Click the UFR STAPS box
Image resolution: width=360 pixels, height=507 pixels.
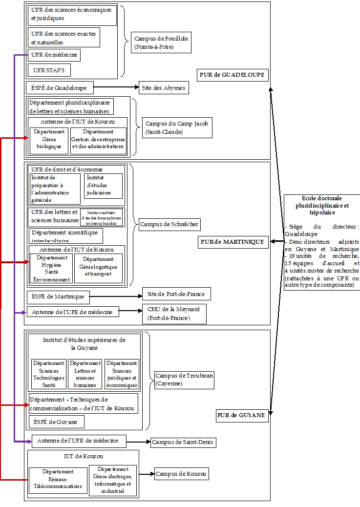click(x=49, y=70)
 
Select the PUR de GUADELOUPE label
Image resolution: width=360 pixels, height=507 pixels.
click(x=233, y=75)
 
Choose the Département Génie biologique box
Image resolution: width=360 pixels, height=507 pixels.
click(x=49, y=139)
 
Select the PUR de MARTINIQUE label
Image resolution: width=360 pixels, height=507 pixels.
click(x=233, y=242)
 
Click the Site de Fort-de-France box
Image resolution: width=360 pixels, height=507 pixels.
click(x=176, y=294)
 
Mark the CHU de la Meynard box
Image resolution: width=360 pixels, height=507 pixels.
click(x=174, y=314)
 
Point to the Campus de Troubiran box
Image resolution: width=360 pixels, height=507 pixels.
click(x=184, y=380)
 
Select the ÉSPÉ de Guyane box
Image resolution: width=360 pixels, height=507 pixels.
click(x=56, y=422)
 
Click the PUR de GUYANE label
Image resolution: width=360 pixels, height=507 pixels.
click(x=241, y=416)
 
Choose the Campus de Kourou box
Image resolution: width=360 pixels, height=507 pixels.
click(x=181, y=473)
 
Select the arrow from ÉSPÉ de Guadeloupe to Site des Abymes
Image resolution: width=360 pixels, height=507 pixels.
click(x=116, y=88)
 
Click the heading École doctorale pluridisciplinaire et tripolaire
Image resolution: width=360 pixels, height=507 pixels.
click(x=322, y=206)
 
